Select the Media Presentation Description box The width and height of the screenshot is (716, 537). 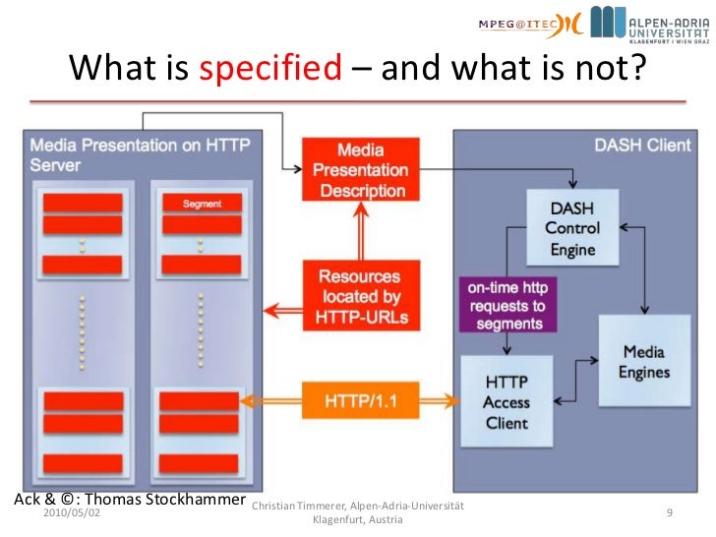click(x=360, y=170)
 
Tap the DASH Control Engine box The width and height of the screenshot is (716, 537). click(x=572, y=228)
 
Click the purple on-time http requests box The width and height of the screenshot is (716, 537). click(x=507, y=305)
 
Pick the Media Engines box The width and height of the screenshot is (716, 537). click(x=643, y=361)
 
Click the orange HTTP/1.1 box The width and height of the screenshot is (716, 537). click(x=360, y=401)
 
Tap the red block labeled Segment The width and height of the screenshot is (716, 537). click(x=202, y=204)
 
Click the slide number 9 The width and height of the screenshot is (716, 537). click(x=670, y=513)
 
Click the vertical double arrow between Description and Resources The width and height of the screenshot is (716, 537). click(x=359, y=232)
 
